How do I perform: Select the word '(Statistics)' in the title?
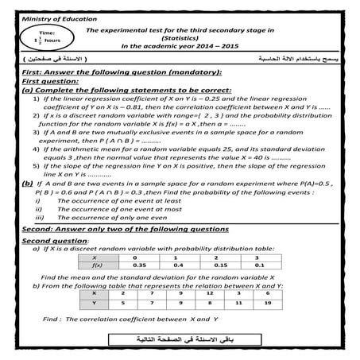click(179, 37)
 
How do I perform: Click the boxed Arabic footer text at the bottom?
click(180, 341)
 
